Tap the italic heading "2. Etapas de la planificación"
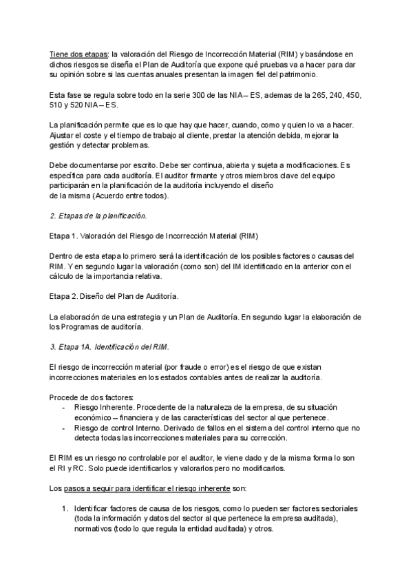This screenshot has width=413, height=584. point(98,216)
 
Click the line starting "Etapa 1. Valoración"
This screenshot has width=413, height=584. point(153,236)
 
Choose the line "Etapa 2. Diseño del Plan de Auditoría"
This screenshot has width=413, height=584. point(114,296)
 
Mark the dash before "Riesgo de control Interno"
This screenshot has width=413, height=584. point(63,428)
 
